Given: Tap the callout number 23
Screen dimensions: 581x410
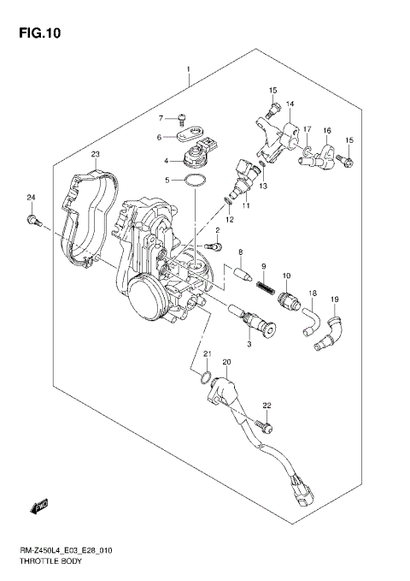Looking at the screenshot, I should point(96,154).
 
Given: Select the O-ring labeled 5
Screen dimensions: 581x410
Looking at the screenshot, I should point(195,182).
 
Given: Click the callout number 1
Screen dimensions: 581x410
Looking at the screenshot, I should point(189,68).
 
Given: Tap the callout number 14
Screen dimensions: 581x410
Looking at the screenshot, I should point(290,104).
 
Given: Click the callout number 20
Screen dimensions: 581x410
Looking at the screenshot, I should point(226,363).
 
